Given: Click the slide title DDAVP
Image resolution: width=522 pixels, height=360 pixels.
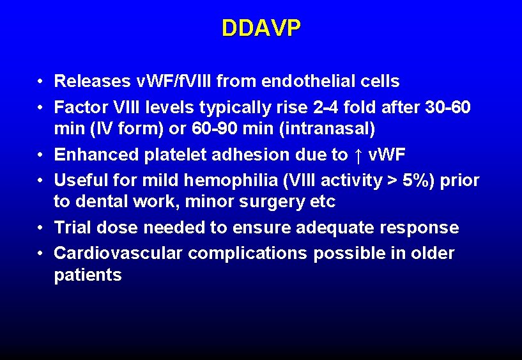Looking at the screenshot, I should coord(261,28).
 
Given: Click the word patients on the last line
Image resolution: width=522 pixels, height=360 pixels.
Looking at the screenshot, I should coord(88,276).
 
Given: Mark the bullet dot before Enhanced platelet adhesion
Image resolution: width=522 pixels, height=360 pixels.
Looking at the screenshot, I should coord(40,155).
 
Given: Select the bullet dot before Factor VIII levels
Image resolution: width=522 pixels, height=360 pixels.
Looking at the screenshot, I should coord(40,107).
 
